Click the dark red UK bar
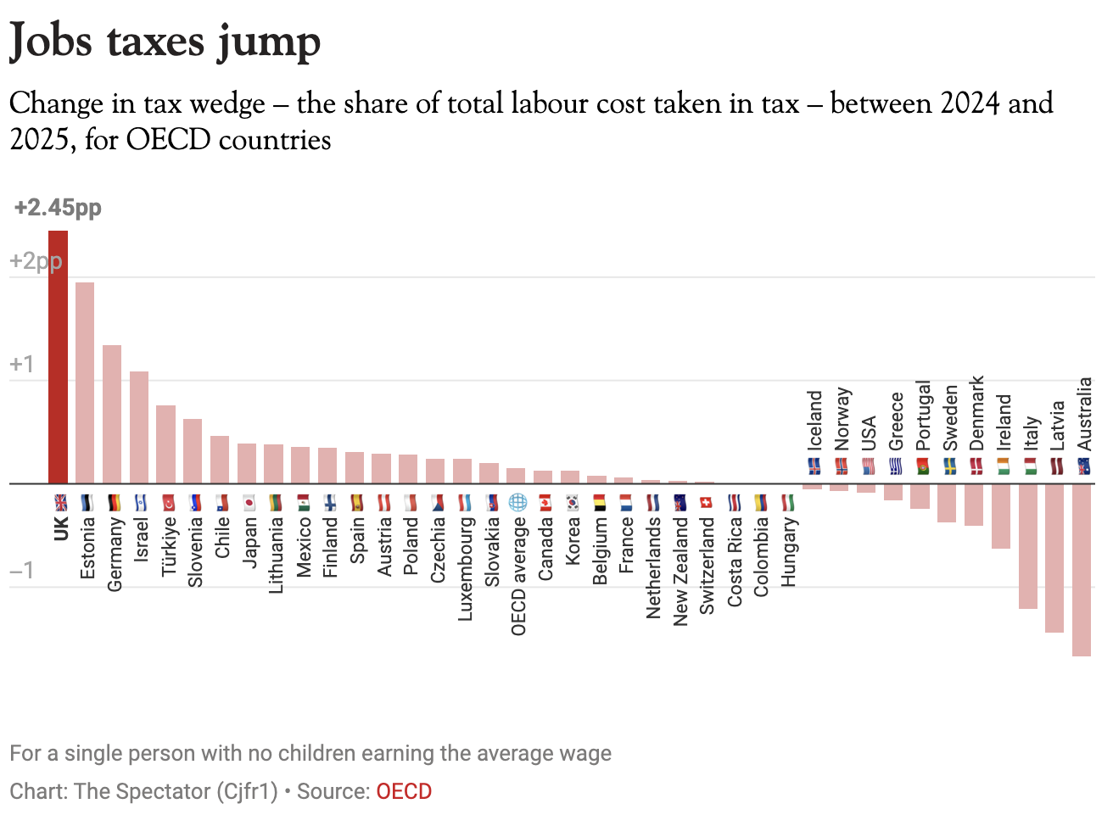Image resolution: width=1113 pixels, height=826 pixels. point(58,356)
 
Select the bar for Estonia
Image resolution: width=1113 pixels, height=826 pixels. point(85,382)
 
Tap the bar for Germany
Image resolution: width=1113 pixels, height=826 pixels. point(112,414)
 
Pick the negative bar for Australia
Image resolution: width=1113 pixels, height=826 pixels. point(1081,569)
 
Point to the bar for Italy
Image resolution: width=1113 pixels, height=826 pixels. point(1027,546)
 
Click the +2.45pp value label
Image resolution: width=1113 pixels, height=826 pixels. point(58,208)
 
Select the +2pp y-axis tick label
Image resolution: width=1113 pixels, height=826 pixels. point(36,261)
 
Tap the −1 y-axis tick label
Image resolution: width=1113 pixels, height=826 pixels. point(22,571)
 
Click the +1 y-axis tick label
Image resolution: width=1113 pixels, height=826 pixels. point(22,365)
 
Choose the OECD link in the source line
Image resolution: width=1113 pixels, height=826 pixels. point(404,791)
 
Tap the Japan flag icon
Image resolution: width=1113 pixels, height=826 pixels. point(249,503)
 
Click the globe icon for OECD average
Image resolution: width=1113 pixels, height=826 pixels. point(517,502)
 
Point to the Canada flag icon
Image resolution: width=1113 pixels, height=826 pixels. point(545,503)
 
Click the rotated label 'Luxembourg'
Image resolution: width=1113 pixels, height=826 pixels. point(465,569)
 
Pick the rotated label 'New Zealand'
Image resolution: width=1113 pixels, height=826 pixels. point(680,572)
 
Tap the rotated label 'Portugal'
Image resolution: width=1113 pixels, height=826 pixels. point(923,416)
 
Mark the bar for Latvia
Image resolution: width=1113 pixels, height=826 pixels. point(1054,558)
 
